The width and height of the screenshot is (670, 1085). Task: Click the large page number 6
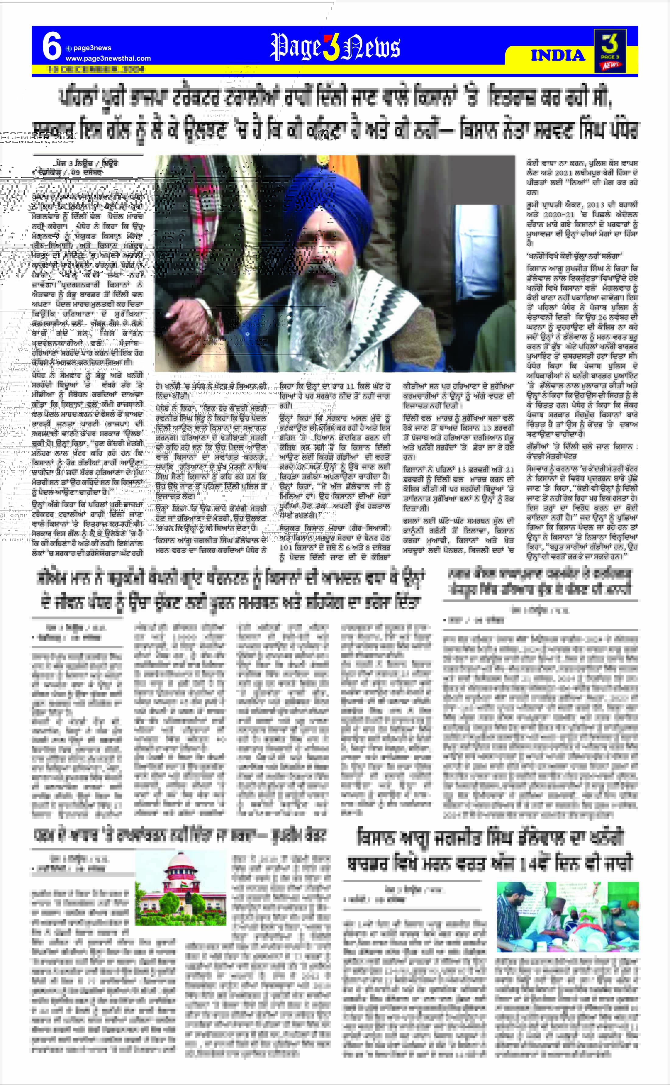[51, 47]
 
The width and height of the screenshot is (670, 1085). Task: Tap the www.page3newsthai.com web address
[108, 58]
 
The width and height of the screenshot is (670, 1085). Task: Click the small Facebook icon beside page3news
[69, 48]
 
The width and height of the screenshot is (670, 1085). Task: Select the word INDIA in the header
[558, 56]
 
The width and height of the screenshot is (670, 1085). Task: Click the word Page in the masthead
[295, 48]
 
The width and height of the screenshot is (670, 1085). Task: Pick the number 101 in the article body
[286, 547]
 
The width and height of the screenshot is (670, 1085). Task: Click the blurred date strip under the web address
[96, 69]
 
